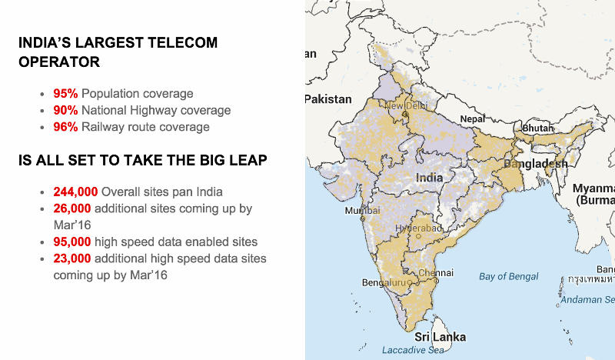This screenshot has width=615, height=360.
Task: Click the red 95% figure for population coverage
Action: [x=65, y=94]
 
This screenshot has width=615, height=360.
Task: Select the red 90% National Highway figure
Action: [x=65, y=111]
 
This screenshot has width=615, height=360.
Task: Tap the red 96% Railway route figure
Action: [x=65, y=127]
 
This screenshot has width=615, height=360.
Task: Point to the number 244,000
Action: [x=75, y=192]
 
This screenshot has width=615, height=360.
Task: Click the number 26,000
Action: [x=72, y=208]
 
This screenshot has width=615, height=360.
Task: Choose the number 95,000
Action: [x=72, y=242]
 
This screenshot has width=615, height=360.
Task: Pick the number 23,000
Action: [x=72, y=258]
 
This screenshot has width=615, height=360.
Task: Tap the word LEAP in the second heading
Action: [x=248, y=161]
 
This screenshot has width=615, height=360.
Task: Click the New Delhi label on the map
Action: [x=406, y=105]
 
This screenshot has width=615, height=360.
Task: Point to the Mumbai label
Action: [x=363, y=211]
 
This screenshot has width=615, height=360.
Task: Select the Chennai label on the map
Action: [x=436, y=273]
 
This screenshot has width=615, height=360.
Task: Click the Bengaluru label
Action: [x=383, y=283]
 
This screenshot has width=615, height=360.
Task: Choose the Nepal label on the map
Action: [x=473, y=119]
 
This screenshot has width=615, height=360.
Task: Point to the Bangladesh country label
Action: [x=536, y=164]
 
